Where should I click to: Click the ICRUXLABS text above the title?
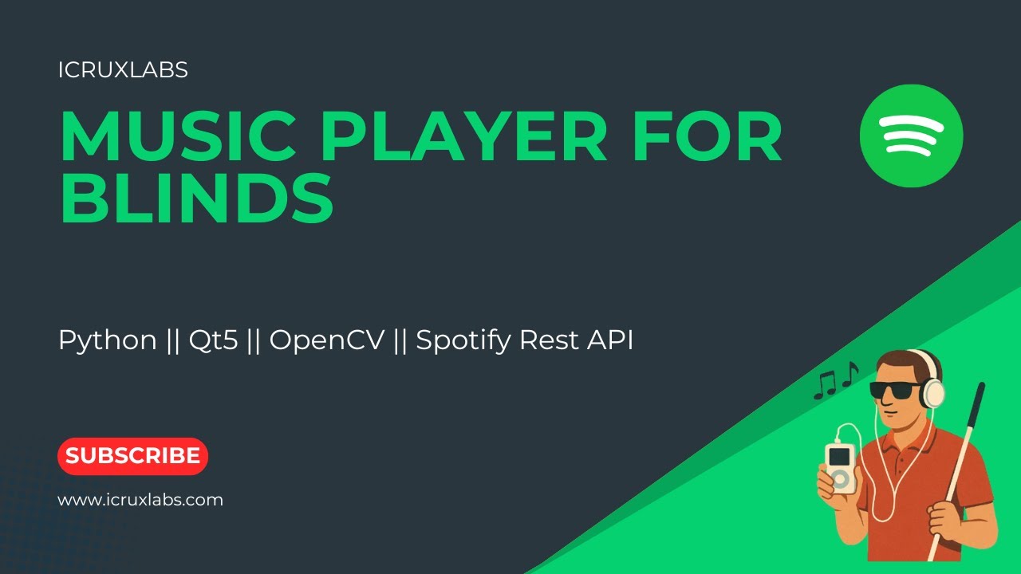123,70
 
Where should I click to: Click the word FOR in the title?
705,136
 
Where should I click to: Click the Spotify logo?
911,136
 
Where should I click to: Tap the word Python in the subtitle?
108,340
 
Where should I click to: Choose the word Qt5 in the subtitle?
213,340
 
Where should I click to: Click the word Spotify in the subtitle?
463,340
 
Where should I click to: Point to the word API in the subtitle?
609,340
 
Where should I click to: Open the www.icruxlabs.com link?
140,501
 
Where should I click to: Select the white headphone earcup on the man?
932,393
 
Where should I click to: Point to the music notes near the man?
835,381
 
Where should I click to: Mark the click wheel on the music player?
840,479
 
